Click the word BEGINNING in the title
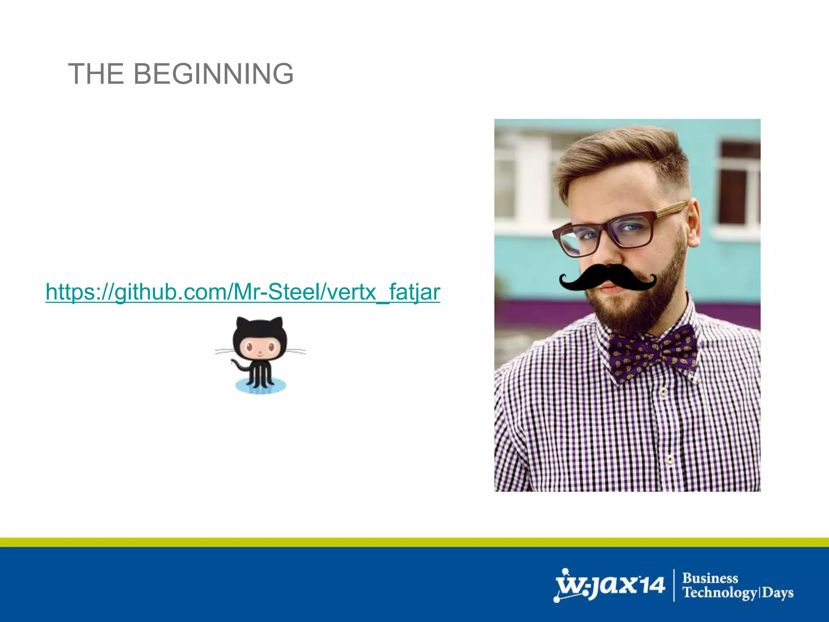pos(213,74)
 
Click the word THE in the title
pos(96,74)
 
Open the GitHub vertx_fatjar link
pos(243,292)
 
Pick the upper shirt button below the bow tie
pos(663,392)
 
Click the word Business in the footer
pos(710,578)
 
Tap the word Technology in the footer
pos(720,593)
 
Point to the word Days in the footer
pos(778,593)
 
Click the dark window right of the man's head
pos(739,182)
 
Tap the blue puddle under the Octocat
pos(261,386)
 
